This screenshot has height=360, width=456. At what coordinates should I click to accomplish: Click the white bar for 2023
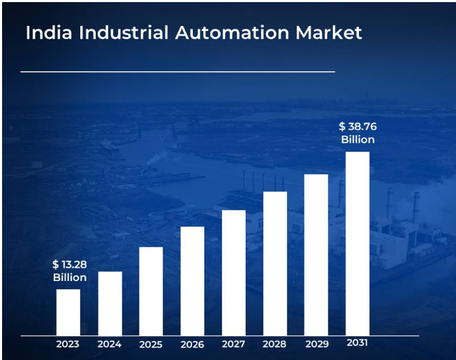click(68, 312)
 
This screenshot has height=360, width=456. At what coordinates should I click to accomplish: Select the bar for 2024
click(110, 303)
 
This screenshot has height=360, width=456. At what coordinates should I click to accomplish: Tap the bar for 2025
click(151, 291)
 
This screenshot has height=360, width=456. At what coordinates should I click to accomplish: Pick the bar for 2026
click(192, 281)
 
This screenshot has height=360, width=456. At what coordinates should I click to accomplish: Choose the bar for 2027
click(233, 273)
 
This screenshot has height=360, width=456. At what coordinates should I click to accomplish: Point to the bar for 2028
click(274, 264)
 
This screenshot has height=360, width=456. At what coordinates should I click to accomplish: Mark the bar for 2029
click(316, 254)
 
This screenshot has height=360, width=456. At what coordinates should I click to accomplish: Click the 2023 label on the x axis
click(68, 344)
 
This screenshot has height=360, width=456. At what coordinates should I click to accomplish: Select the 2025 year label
click(151, 345)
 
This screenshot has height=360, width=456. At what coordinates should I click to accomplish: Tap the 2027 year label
click(233, 344)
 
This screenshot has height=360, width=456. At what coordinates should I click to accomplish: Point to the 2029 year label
click(316, 344)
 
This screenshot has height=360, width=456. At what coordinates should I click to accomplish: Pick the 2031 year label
click(357, 343)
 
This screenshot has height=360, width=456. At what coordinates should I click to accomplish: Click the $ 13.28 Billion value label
click(69, 271)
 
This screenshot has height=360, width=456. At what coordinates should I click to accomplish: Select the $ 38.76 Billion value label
click(358, 133)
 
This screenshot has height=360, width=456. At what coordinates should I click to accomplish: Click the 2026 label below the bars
click(192, 345)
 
